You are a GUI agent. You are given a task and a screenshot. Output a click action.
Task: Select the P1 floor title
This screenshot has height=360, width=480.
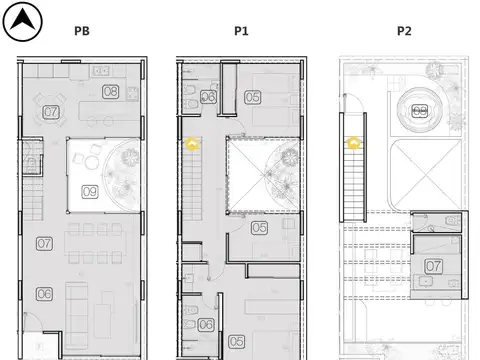tap(241, 31)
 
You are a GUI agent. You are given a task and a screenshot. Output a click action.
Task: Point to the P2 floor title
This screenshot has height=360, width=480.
tap(404, 31)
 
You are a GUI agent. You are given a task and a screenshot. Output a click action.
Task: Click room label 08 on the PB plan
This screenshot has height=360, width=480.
tap(110, 92)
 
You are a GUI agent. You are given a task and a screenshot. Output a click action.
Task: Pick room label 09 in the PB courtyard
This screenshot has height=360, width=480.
tap(89, 191)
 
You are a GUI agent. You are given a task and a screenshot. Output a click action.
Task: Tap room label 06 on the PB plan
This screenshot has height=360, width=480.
tap(44, 294)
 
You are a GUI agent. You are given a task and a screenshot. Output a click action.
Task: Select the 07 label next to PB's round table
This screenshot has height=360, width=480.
tap(51, 111)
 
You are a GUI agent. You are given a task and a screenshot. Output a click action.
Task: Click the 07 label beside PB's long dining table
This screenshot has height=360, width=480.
tap(44, 243)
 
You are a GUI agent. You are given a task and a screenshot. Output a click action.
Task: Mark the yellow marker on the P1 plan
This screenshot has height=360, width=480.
tap(193, 144)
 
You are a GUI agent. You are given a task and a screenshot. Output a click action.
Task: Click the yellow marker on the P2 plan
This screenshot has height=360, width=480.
tap(353, 143)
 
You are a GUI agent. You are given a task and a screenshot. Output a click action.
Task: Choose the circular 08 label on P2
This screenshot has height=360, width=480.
tap(420, 111)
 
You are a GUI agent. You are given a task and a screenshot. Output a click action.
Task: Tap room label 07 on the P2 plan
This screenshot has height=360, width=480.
tap(434, 266)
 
